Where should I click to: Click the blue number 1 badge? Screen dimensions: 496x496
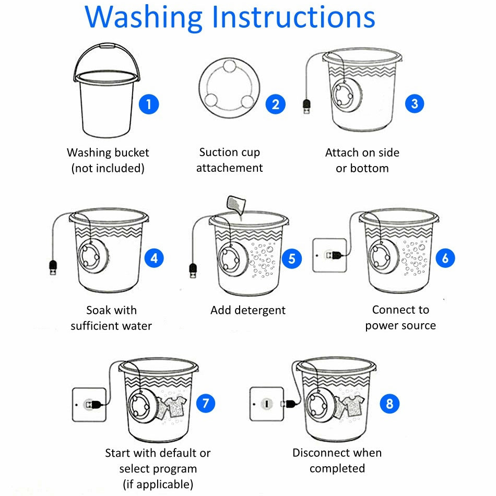coord(149,104)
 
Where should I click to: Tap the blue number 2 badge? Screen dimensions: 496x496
coord(276,104)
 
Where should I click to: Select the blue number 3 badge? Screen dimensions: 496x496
coord(415,103)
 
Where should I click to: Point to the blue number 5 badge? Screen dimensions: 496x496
coord(292,258)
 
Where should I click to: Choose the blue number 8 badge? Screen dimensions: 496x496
coord(389,403)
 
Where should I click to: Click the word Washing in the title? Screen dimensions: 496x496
coord(143,18)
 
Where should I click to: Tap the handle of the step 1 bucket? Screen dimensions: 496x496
coord(107,51)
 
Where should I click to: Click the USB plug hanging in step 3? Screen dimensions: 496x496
coord(306,107)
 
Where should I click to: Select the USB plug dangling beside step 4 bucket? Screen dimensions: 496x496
coord(53,267)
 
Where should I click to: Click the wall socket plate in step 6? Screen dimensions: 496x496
coord(329,255)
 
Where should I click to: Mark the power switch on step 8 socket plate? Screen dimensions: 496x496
coord(267,404)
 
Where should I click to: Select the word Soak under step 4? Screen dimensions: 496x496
coord(99,310)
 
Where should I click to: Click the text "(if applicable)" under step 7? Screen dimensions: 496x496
coord(158,485)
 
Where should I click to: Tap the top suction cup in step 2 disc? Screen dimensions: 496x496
coord(229,67)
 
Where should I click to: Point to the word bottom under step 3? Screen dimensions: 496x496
coord(369,168)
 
